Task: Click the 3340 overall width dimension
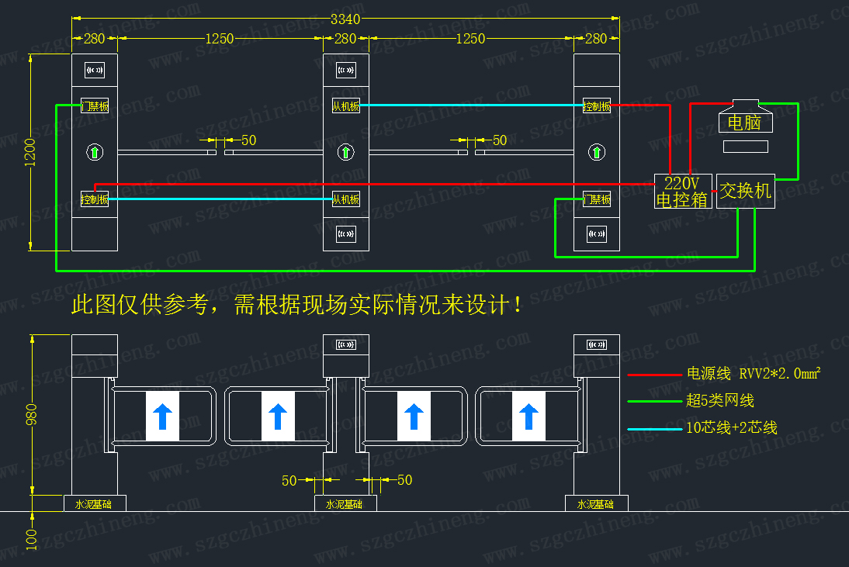click(x=346, y=19)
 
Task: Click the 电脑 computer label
click(x=744, y=123)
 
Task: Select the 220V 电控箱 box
click(x=683, y=191)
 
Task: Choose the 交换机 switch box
click(x=746, y=191)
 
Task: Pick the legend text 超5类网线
click(x=720, y=401)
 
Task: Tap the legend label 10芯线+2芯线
click(x=731, y=427)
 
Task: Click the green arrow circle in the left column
click(x=95, y=151)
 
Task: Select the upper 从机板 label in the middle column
click(x=346, y=106)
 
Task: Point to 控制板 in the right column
click(x=596, y=106)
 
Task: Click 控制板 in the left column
click(x=95, y=199)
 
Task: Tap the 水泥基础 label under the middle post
click(x=345, y=504)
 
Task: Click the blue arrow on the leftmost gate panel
click(x=162, y=417)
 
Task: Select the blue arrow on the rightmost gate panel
click(x=529, y=417)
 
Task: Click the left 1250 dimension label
click(x=220, y=39)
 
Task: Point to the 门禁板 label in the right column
click(x=597, y=199)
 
